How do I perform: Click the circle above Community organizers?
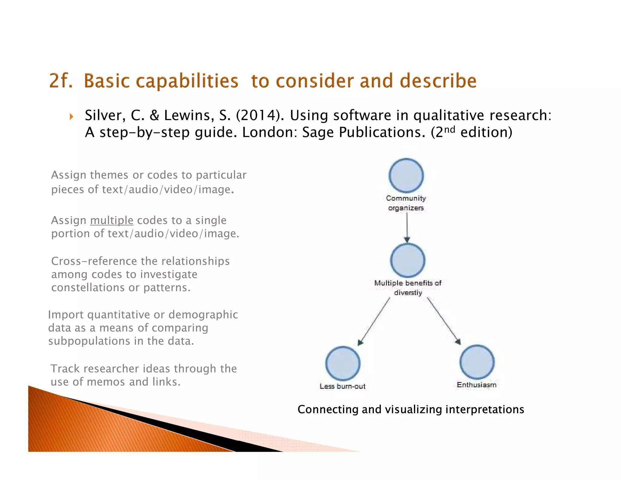coord(406,175)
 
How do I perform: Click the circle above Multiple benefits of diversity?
coord(408,260)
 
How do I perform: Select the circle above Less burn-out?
coord(343,363)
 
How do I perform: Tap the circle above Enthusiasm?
coord(477,362)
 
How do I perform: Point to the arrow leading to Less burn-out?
coord(374,322)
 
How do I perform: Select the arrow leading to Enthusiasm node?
coord(444,321)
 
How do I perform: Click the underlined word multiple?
coord(112,220)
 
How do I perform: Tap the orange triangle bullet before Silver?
coord(72,117)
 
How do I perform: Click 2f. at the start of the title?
coord(61,81)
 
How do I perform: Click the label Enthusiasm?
coord(476,385)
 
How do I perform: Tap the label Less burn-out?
coord(342,386)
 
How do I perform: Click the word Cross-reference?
coord(94,261)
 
